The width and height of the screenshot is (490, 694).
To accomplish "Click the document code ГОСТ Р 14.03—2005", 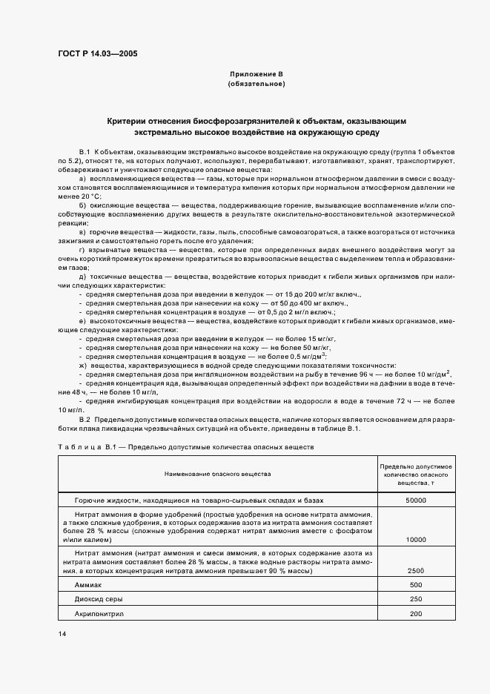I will pos(97,53).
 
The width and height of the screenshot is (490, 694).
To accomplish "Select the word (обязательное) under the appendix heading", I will pos(256,85).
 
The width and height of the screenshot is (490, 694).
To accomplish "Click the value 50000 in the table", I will pos(416,500).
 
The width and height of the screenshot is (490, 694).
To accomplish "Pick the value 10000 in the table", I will pos(416,541).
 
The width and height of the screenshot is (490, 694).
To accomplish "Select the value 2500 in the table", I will pos(416,570).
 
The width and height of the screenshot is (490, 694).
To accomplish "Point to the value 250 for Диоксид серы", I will pos(416,599).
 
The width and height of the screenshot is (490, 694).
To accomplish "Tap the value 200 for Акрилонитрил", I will pos(416,614).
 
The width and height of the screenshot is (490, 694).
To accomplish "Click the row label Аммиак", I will pos(88,584).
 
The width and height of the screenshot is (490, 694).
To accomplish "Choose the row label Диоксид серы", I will pos(99,599).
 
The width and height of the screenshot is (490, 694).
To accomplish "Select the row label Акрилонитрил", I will pos(100,614).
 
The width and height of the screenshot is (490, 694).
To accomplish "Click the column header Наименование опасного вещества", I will pos(217,472).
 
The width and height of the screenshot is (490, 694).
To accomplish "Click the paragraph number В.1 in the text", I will pos(84,151).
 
